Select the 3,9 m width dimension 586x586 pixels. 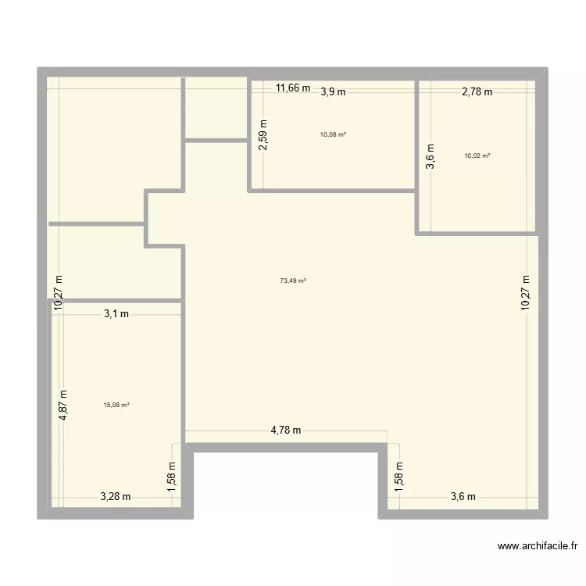(333, 91)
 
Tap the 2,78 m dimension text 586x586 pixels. (477, 91)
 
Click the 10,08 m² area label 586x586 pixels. (333, 134)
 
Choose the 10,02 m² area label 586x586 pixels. (477, 155)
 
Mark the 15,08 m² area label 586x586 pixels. (116, 405)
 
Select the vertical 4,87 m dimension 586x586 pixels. (64, 406)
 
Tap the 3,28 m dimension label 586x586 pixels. (115, 496)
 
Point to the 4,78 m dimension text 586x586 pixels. (286, 430)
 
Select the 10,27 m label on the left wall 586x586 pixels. (58, 292)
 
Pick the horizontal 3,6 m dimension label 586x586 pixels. (463, 496)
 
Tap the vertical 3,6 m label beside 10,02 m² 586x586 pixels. (428, 155)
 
